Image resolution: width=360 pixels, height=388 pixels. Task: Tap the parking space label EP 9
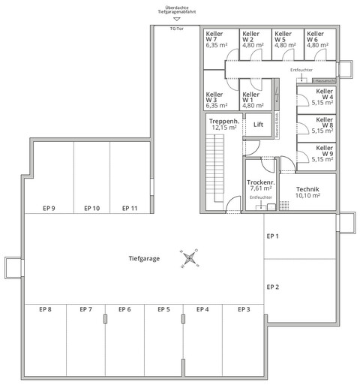click(49, 208)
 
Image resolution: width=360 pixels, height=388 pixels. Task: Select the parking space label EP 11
click(129, 208)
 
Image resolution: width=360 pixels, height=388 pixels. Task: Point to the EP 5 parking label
click(163, 309)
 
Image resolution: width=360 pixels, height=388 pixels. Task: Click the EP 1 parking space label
click(273, 236)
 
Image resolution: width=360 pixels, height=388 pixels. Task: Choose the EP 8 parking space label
click(45, 309)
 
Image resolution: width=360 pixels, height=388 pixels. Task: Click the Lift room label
click(259, 125)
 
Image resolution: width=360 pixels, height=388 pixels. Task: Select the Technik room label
click(307, 189)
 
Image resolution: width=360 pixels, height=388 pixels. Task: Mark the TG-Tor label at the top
click(177, 28)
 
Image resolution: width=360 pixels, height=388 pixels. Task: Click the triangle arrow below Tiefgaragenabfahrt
click(177, 20)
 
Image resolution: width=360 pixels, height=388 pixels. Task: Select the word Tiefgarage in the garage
click(145, 258)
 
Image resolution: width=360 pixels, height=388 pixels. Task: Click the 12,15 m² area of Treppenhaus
click(223, 128)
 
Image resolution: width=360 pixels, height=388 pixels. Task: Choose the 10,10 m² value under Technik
click(307, 196)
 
